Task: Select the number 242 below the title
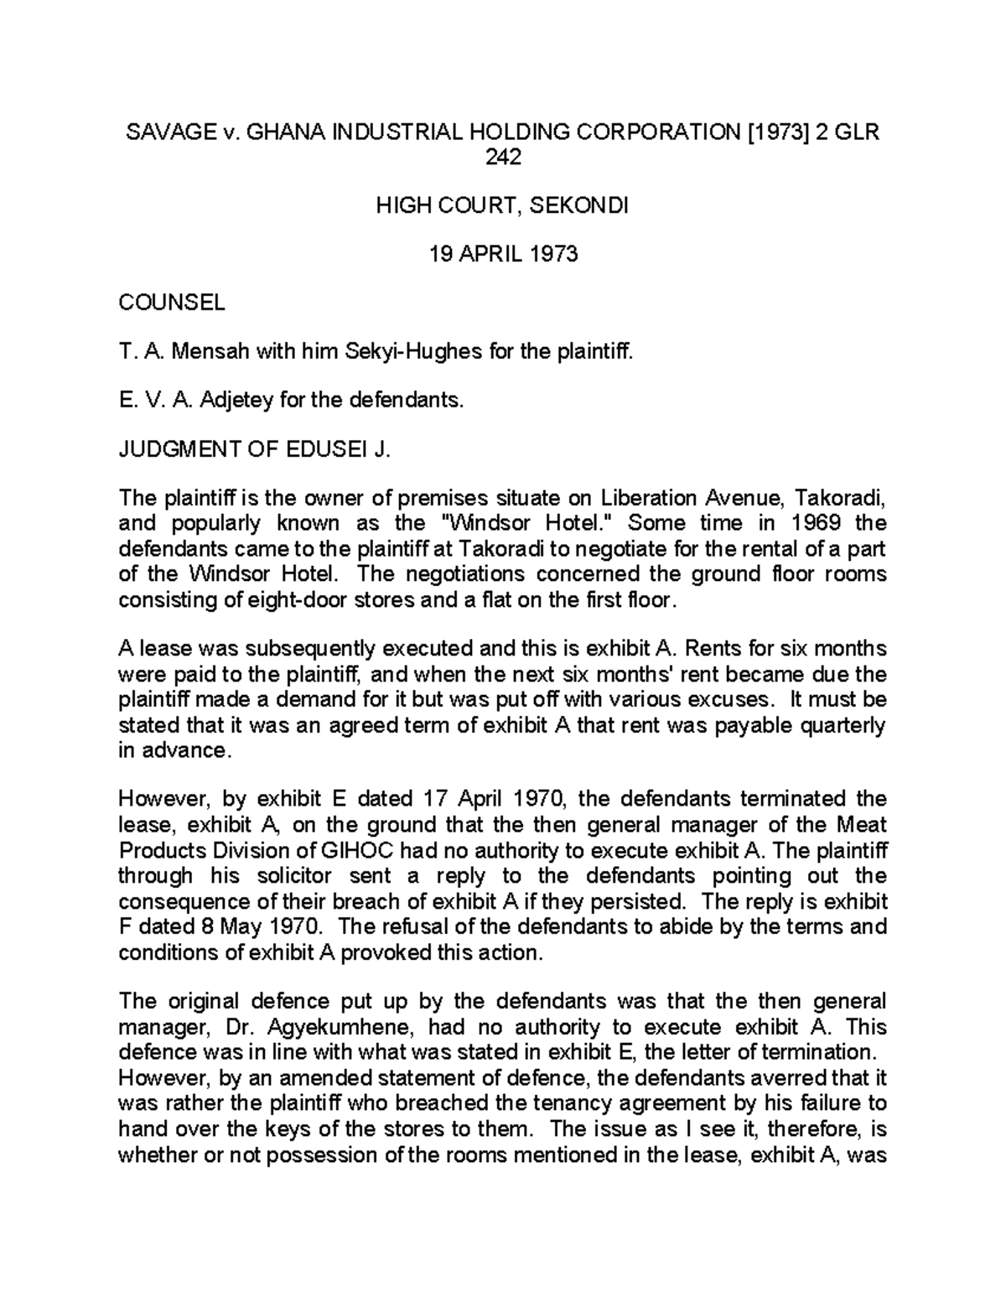(503, 157)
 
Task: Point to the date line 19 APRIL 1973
(503, 254)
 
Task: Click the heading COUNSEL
(172, 303)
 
